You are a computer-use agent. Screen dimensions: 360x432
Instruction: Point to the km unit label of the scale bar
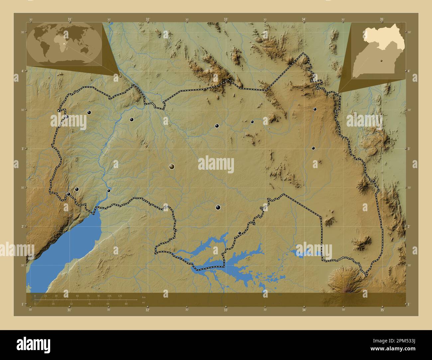tap(144, 297)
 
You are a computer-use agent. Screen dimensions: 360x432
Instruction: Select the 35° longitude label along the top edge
tap(382, 19)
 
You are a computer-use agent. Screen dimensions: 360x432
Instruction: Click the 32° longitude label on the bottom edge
tap(148, 310)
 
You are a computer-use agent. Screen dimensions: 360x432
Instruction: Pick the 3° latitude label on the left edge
tap(22, 149)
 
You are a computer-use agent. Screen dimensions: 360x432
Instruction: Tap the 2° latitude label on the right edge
tap(409, 226)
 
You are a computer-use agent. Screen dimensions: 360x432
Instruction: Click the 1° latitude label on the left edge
tap(22, 304)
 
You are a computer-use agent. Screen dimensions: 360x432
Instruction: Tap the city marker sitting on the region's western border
tap(67, 117)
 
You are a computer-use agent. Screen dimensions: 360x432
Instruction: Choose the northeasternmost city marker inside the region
tap(315, 109)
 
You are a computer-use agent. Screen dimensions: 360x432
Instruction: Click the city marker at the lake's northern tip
tap(109, 191)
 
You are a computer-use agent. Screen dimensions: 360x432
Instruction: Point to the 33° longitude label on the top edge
tap(226, 19)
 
